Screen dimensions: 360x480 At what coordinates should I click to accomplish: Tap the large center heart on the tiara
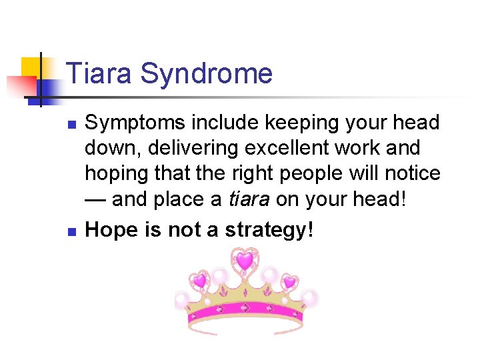[245, 261]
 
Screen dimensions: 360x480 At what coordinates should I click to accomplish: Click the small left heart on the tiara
[199, 281]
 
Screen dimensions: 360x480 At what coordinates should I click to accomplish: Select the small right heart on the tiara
[289, 282]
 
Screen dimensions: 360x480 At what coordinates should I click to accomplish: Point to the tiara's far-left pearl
[182, 301]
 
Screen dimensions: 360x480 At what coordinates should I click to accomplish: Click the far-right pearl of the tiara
[309, 298]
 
